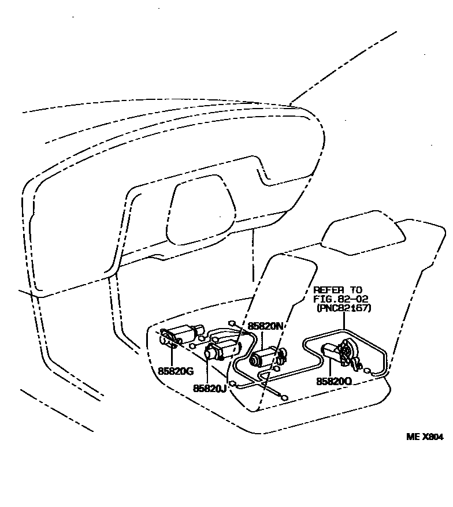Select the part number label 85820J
(x=209, y=388)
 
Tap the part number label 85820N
(x=266, y=326)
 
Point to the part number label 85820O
(x=333, y=382)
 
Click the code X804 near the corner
(x=433, y=437)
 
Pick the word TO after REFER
(x=357, y=290)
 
